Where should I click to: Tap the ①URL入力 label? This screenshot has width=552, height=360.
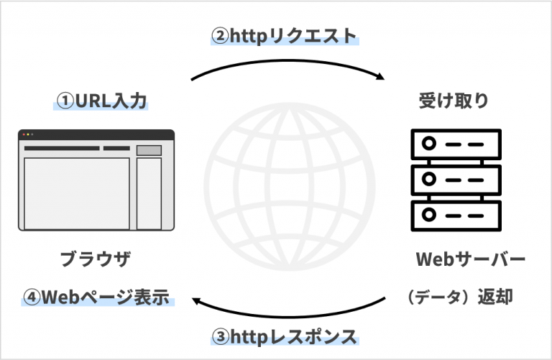coord(101,101)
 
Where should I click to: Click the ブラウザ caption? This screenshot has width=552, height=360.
coord(96,259)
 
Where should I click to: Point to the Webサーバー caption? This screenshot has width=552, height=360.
coord(471,259)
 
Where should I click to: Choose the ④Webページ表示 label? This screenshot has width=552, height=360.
coord(96,297)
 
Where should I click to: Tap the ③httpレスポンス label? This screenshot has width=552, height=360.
coord(284,336)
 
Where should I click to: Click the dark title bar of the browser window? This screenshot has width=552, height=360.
coord(96,134)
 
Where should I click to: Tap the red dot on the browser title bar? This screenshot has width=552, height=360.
coord(22,134)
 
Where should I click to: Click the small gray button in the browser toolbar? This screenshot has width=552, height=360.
coord(149,149)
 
